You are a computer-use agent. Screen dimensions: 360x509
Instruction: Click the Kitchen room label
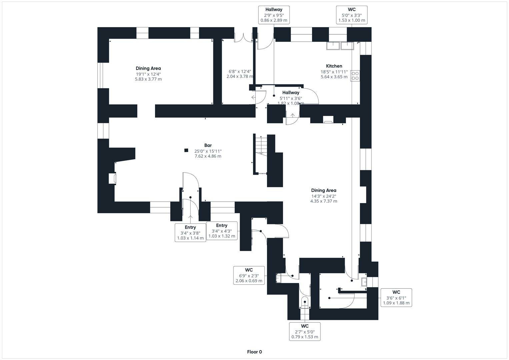pyautogui.click(x=334, y=66)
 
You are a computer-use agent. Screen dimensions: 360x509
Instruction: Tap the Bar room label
pyautogui.click(x=208, y=145)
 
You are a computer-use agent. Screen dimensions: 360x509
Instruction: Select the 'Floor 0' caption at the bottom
pyautogui.click(x=254, y=352)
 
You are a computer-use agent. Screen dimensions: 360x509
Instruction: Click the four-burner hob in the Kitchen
pyautogui.click(x=355, y=76)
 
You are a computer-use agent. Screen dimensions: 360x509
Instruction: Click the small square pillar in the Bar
pyautogui.click(x=186, y=150)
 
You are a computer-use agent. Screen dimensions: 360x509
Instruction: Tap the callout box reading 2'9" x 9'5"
pyautogui.click(x=274, y=15)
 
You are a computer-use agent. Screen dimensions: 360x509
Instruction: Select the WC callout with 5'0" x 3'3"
pyautogui.click(x=351, y=15)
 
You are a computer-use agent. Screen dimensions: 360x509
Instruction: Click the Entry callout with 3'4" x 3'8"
pyautogui.click(x=190, y=232)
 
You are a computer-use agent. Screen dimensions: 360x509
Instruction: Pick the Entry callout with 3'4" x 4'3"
pyautogui.click(x=222, y=231)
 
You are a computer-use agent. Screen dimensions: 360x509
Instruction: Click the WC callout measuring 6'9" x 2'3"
pyautogui.click(x=249, y=275)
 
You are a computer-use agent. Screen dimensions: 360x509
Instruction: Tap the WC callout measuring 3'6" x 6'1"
pyautogui.click(x=396, y=298)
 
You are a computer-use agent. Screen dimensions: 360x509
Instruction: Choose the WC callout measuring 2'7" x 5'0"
pyautogui.click(x=305, y=331)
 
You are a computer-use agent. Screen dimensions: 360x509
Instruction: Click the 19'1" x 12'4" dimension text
pyautogui.click(x=148, y=74)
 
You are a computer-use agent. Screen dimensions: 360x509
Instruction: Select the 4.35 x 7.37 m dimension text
pyautogui.click(x=323, y=201)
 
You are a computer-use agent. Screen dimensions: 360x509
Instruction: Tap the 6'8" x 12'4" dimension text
pyautogui.click(x=240, y=71)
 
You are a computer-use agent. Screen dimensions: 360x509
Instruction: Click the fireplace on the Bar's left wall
pyautogui.click(x=112, y=178)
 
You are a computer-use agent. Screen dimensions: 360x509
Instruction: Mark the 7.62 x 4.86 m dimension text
pyautogui.click(x=208, y=156)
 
